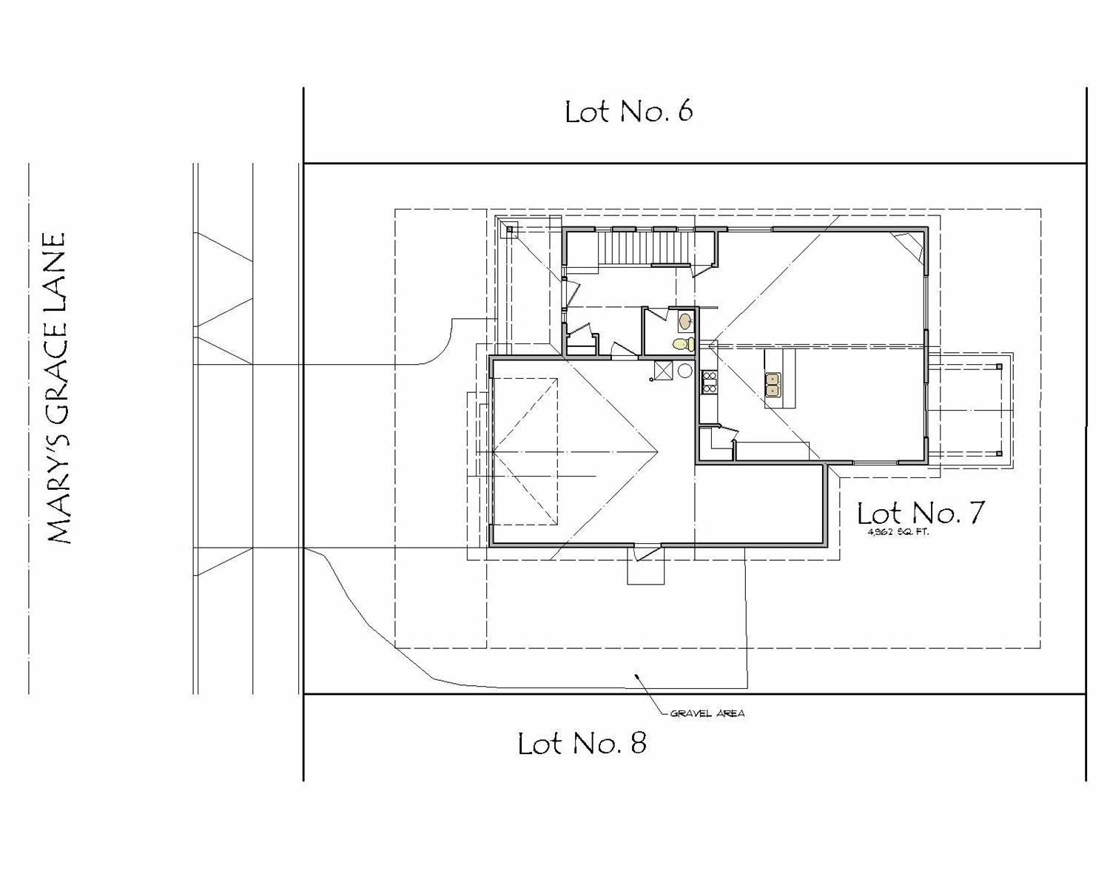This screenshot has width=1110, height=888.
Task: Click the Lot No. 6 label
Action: (628, 112)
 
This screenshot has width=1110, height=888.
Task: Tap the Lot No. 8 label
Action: (582, 743)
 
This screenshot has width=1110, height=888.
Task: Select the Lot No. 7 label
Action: (921, 512)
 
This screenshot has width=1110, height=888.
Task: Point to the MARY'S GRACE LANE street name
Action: (56, 389)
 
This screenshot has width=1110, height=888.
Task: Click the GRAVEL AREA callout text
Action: (707, 714)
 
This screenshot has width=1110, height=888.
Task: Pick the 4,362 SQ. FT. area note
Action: (892, 532)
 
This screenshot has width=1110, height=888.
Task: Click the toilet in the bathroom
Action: (683, 343)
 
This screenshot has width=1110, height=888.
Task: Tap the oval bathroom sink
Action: (685, 321)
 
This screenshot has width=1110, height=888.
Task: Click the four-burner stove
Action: (708, 381)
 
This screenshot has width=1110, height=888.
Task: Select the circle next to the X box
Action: (685, 370)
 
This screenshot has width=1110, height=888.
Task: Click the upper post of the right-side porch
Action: (998, 366)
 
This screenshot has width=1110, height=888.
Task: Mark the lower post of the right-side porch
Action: (998, 454)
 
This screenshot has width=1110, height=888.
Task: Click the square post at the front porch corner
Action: (509, 230)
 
